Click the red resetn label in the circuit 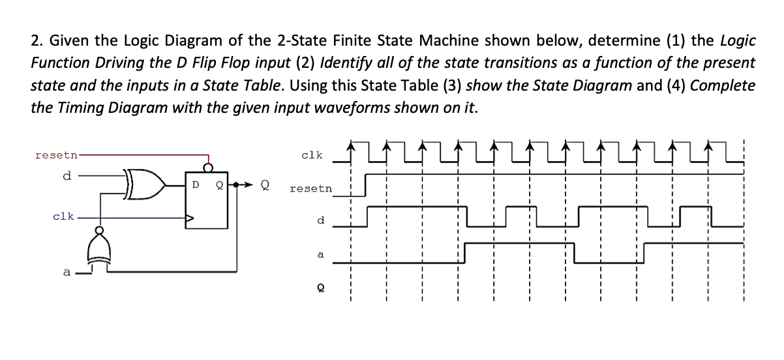tap(55, 155)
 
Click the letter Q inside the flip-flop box tap(220, 183)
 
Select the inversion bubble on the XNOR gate tap(98, 231)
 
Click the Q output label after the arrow tap(265, 183)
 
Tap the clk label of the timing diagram tap(312, 155)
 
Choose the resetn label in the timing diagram tap(310, 188)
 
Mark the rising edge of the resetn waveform tap(366, 184)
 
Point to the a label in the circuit tap(66, 272)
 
